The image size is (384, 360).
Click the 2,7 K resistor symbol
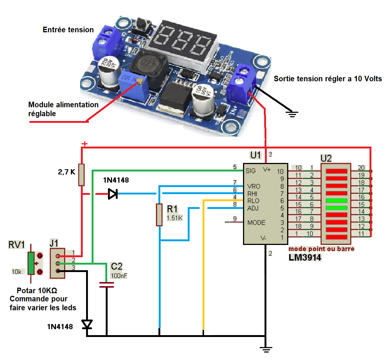point(82,174)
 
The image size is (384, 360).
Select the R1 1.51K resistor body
point(159,215)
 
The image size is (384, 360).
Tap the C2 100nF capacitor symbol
point(107,285)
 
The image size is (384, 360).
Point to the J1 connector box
point(58,263)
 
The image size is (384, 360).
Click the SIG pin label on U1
point(251,171)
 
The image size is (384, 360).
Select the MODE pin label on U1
point(256,223)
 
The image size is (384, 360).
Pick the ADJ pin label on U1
point(253,208)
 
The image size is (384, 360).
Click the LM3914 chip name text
point(305,257)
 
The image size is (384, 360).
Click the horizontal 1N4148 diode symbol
point(112,194)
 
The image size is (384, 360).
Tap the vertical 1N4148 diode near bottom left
point(87,325)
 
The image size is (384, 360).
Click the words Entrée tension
point(68,30)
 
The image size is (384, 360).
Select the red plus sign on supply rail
point(85,144)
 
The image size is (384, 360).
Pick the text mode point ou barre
point(321,249)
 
